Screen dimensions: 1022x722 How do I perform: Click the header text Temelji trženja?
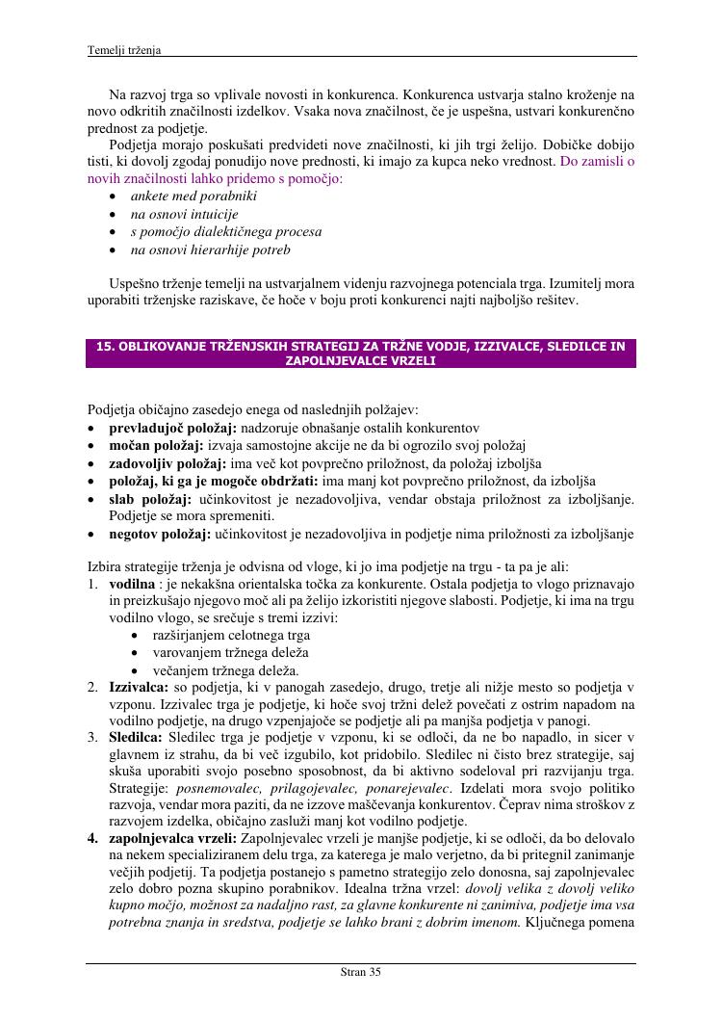click(123, 49)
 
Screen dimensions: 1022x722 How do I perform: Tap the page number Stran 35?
click(361, 972)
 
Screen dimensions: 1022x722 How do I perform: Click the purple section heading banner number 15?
click(361, 354)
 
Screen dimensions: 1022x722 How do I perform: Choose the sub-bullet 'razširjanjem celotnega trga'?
click(231, 636)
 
